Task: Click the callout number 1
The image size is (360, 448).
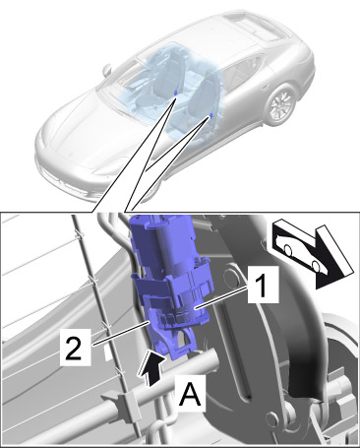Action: click(263, 285)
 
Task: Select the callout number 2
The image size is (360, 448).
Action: click(75, 349)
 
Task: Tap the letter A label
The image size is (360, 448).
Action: click(190, 394)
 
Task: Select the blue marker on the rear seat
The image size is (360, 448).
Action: click(176, 93)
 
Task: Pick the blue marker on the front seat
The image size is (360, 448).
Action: click(211, 115)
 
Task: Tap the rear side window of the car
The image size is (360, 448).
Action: click(249, 69)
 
